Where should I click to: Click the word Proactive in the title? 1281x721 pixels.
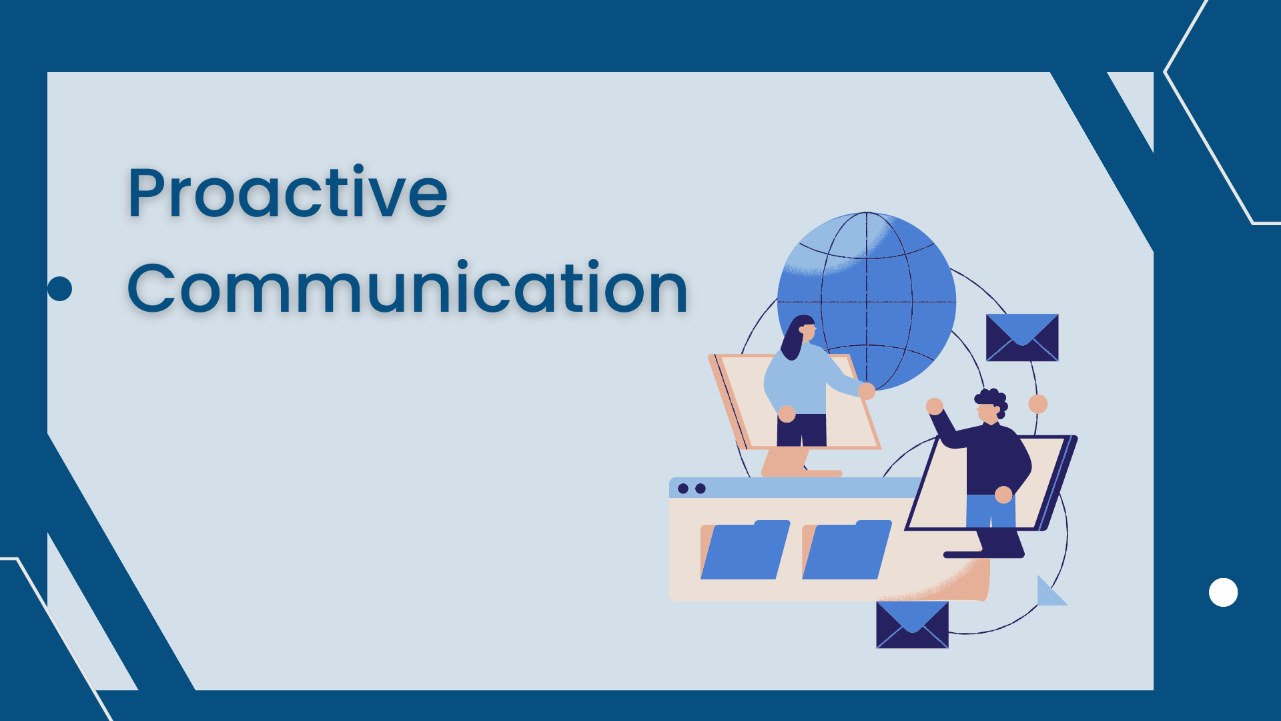pos(287,194)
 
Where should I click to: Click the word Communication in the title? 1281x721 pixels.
pos(407,288)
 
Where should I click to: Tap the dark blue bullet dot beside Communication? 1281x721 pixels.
pos(60,288)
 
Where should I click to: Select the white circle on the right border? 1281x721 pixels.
pos(1223,592)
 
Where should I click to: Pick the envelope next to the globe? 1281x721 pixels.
pos(1022,337)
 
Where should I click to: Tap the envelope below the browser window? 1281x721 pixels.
pos(912,624)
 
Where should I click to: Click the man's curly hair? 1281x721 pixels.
pos(992,400)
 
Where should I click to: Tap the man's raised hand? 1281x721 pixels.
pos(935,406)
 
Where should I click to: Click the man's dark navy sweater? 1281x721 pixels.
pos(994,461)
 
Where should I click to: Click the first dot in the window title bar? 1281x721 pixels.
pos(683,489)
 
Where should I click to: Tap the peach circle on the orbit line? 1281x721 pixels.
pos(1038,404)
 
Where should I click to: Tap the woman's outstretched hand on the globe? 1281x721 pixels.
pos(867,391)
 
